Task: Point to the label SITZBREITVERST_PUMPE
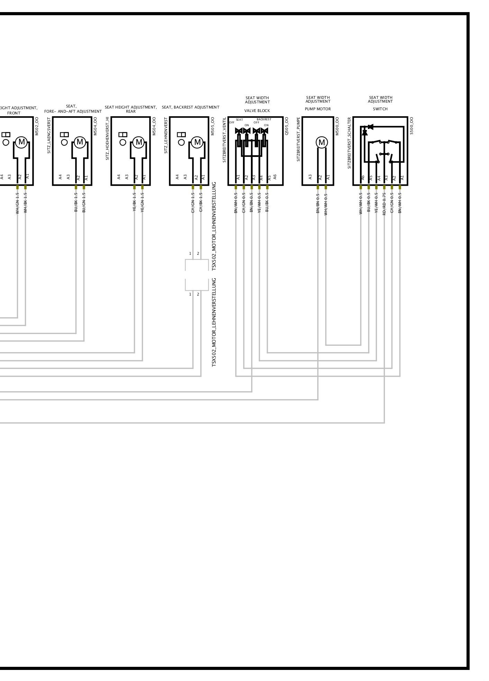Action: [299, 139]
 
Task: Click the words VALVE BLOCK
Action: [257, 111]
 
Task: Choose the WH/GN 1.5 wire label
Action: [17, 203]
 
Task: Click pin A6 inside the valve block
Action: [275, 177]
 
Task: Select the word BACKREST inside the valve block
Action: [264, 119]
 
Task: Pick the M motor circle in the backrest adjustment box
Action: [197, 142]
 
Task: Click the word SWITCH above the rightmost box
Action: [380, 109]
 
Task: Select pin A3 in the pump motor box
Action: [310, 177]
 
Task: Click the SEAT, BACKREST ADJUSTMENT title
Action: [190, 107]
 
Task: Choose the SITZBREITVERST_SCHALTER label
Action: [350, 143]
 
